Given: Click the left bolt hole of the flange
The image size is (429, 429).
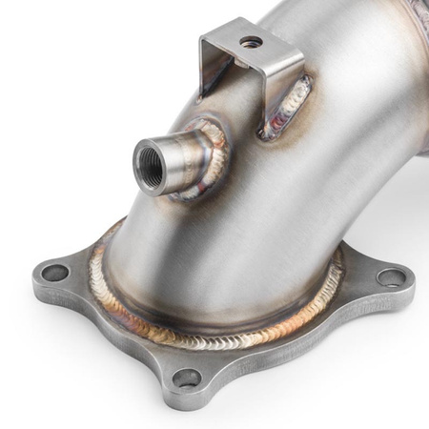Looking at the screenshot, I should click(56, 273).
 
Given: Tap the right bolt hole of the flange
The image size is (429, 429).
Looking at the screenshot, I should click(391, 277).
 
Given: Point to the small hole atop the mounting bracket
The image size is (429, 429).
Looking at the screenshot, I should click(251, 42).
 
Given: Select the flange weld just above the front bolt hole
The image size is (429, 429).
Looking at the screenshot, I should click(195, 338).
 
